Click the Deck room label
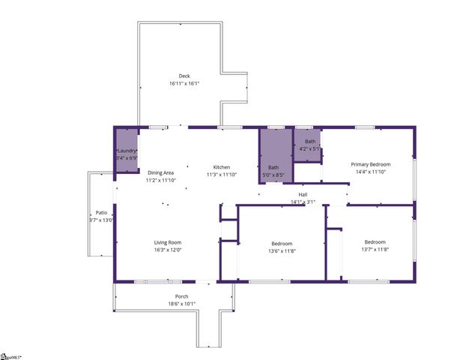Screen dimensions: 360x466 184,76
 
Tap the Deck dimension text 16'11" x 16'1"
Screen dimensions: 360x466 184,83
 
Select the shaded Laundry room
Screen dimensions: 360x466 126,149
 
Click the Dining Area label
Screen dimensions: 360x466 160,172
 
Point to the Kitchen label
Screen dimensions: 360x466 221,166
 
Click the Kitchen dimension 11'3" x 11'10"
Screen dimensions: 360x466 221,174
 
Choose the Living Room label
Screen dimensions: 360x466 168,242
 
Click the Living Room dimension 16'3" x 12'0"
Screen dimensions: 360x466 168,250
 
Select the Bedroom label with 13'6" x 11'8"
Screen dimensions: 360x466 281,243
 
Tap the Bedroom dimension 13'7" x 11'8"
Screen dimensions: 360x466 375,249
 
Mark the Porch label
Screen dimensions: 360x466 172,296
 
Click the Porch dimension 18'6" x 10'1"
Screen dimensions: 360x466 172,304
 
